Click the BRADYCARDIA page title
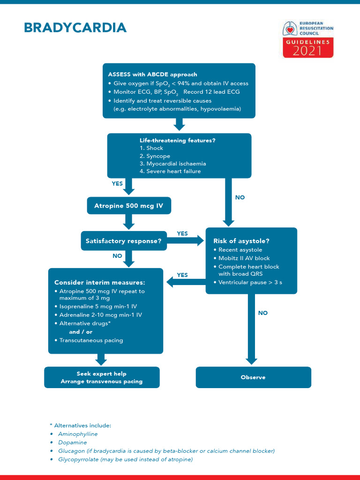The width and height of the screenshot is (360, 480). pos(75,28)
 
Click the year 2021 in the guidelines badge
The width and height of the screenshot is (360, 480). pos(307,51)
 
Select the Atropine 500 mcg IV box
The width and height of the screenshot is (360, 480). pos(129,205)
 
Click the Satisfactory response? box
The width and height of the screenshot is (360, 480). pos(124,241)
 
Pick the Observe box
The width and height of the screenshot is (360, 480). pos(253,377)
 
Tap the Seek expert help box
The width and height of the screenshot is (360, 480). pos(102,377)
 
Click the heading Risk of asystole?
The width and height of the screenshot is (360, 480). pos(241,241)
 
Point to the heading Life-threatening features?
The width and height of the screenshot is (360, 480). pos(178,140)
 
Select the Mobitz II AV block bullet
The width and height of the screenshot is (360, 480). pos(244,258)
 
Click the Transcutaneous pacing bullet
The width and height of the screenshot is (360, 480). pos(91,340)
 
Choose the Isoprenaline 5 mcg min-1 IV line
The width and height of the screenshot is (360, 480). pos(98,307)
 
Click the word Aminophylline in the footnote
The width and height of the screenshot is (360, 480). pos(78,434)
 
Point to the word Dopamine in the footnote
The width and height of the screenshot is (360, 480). pos(73,442)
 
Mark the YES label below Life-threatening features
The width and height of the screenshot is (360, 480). pos(117,184)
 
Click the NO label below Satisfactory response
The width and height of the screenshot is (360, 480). pos(117,256)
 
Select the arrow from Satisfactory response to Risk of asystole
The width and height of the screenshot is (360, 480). pos(186,241)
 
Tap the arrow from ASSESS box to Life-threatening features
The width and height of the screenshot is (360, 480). pos(179,125)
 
